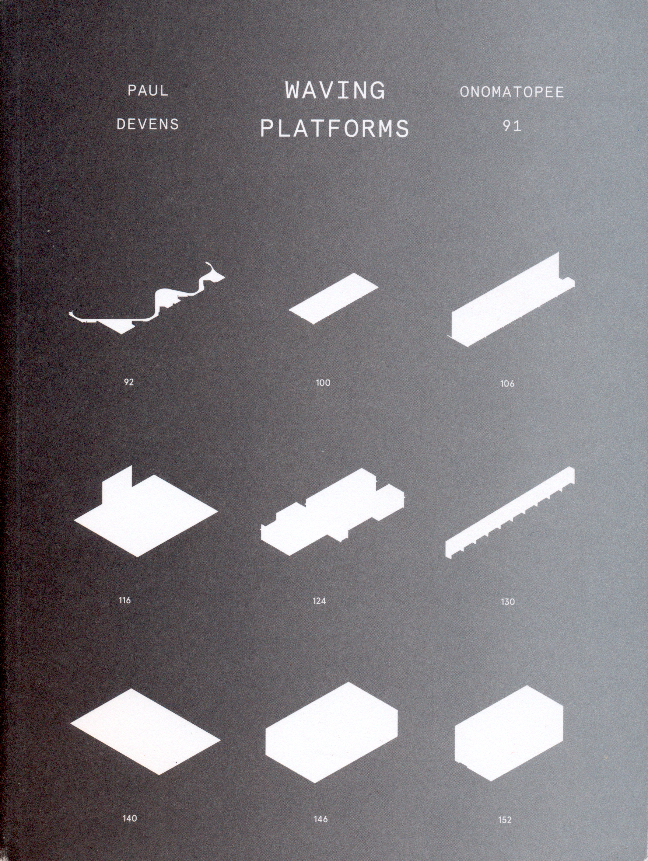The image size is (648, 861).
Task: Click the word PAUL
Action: [x=148, y=91]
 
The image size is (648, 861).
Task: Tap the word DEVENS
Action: [x=148, y=124]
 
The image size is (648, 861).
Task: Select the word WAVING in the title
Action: [x=335, y=90]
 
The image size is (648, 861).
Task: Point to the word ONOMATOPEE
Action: [x=512, y=92]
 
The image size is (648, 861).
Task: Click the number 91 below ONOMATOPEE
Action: [x=512, y=125]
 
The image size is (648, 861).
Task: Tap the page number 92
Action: [x=129, y=382]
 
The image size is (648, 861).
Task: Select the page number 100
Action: [x=323, y=383]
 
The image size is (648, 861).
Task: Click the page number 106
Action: [x=507, y=384]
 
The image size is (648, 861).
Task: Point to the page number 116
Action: [x=125, y=600]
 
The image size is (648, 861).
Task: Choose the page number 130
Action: [x=508, y=602]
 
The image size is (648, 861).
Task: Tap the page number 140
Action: [x=130, y=818]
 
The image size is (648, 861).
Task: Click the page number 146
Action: [x=321, y=819]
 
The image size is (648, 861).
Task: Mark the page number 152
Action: [x=505, y=820]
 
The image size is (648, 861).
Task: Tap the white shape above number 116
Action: [x=146, y=514]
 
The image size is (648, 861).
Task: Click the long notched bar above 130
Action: [x=509, y=513]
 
